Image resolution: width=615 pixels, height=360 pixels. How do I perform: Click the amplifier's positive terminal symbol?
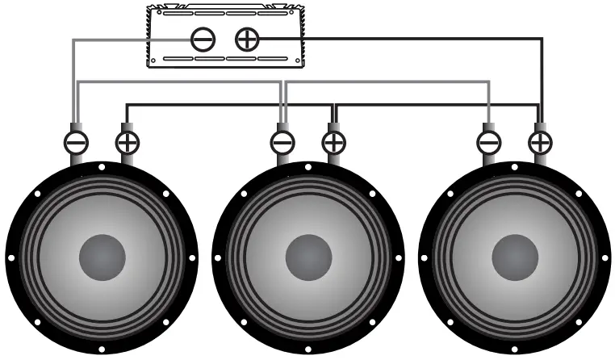click(246, 38)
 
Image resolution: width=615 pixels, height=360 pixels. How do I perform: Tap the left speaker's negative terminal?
click(76, 143)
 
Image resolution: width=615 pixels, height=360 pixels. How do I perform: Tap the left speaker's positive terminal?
click(128, 143)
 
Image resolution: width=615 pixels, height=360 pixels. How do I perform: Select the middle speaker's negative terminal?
click(282, 143)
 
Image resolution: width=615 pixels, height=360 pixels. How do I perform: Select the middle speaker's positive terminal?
click(333, 143)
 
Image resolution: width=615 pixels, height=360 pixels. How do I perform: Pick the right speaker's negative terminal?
click(489, 143)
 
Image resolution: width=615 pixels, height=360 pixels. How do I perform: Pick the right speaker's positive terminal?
click(540, 143)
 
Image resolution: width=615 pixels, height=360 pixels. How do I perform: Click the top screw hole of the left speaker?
click(102, 167)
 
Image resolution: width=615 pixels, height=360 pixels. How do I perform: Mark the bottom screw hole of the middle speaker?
click(308, 349)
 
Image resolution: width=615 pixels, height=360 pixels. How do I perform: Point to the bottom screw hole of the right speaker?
click(515, 349)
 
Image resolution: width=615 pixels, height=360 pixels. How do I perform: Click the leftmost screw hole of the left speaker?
click(11, 258)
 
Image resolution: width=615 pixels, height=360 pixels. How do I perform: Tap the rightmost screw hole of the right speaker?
click(605, 258)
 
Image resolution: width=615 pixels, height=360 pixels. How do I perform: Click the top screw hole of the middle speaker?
click(308, 167)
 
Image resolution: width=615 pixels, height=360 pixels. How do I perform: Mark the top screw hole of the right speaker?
click(515, 167)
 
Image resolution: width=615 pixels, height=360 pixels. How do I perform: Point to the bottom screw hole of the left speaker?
click(102, 349)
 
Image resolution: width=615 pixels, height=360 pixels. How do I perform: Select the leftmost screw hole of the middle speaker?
click(218, 258)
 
